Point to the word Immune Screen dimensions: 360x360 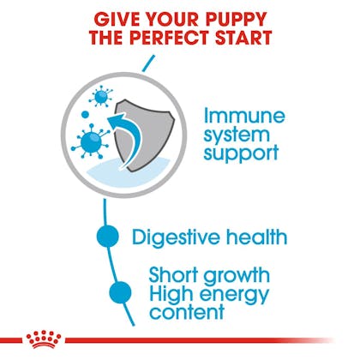tap(244, 116)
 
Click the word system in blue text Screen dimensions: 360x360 tap(237, 135)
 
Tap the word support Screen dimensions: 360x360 tap(241, 153)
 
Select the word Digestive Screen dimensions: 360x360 tap(176, 237)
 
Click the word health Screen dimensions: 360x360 tap(256, 237)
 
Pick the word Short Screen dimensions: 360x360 tap(173, 275)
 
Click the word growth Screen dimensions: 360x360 tap(237, 276)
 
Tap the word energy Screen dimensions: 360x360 tap(236, 295)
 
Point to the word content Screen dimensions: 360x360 tap(187, 311)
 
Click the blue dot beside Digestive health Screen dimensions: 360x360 tap(107, 237)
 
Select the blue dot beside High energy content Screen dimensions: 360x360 tap(120, 292)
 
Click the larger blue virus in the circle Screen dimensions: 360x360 tap(91, 141)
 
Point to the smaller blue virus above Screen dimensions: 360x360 tap(101, 97)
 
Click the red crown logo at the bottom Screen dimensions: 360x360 tap(44, 339)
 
